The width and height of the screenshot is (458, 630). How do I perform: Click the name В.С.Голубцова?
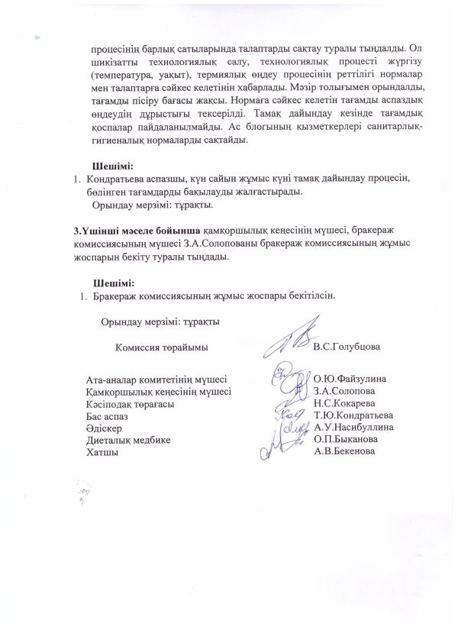point(347,347)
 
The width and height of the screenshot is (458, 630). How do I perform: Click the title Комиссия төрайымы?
point(162,347)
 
